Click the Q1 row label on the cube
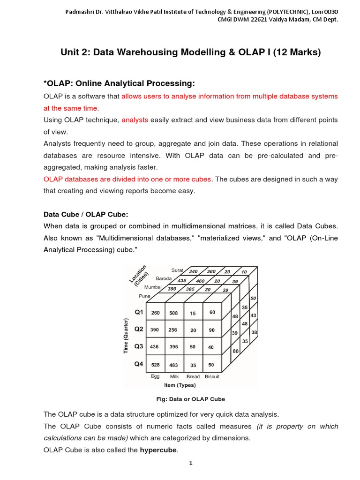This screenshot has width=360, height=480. [139, 312]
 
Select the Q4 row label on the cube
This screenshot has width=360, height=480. [139, 364]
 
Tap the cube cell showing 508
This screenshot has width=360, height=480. [173, 313]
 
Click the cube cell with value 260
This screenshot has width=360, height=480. [155, 313]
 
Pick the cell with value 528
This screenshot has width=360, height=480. [155, 364]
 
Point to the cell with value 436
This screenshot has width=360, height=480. [155, 347]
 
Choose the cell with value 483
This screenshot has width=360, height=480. [173, 364]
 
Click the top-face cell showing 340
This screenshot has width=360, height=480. [193, 271]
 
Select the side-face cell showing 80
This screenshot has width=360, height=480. [235, 351]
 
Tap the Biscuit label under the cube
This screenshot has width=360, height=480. [212, 376]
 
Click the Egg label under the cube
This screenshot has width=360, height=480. [155, 376]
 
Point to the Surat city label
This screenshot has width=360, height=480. [177, 270]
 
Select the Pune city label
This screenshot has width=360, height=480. [144, 296]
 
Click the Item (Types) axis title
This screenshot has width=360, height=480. [180, 385]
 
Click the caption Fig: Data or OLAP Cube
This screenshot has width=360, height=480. [190, 399]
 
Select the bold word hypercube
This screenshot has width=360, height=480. [158, 450]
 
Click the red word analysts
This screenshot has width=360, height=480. [135, 120]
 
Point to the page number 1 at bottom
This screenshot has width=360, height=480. [191, 463]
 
